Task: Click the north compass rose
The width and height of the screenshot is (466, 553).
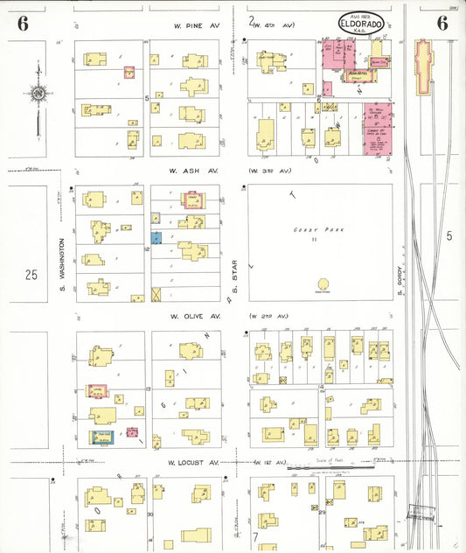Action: (x=38, y=92)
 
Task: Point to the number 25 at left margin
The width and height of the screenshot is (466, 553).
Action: (x=31, y=275)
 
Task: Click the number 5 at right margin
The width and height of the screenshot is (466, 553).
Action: (x=449, y=236)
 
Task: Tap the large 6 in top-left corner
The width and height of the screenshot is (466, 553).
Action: (x=22, y=24)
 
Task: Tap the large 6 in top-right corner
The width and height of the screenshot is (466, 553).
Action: (x=442, y=24)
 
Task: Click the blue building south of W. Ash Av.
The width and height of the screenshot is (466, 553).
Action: (x=156, y=237)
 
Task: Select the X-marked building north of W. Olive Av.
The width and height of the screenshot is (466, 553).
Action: (x=156, y=294)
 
